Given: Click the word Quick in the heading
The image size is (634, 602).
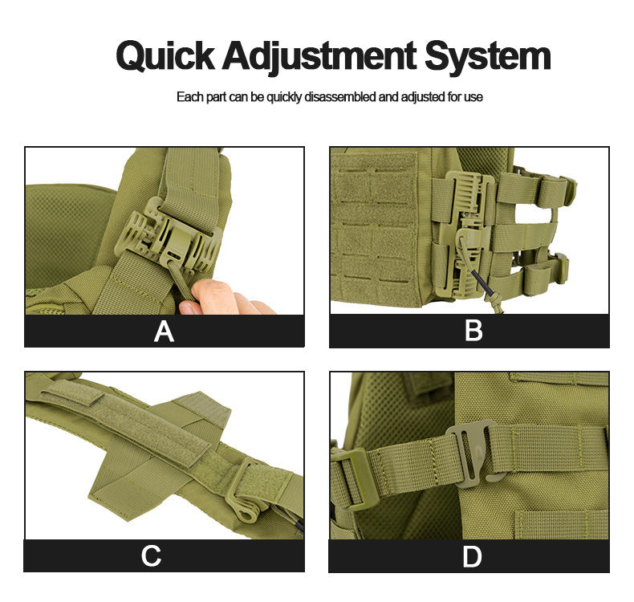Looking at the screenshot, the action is coord(165,56).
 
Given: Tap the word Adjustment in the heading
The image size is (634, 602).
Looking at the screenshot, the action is coord(319,57).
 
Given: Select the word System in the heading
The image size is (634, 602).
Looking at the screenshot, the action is coord(488,57).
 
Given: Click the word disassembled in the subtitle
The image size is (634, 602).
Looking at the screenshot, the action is coord(340,97).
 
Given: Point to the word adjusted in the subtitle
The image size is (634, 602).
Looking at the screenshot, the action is coord(424,97).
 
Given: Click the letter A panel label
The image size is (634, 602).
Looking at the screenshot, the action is coord(164,332).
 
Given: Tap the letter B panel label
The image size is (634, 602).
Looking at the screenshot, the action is coord(473,331).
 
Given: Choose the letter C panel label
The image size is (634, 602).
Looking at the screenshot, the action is coord(151,555).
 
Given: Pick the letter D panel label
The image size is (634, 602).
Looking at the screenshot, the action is coord(472,556).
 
